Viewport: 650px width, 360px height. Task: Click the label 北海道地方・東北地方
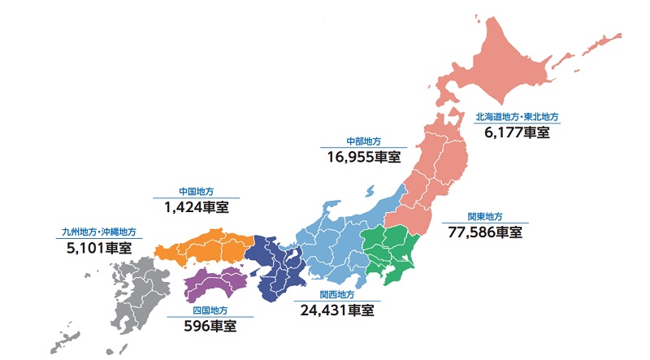[517, 117]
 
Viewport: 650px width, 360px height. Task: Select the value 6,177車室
[517, 132]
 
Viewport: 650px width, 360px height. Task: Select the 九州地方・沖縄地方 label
[99, 232]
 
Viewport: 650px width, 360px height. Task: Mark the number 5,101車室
[99, 249]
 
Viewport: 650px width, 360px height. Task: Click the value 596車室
[210, 327]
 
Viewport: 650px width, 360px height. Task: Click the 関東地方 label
[485, 216]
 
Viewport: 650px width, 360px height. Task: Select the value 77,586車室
[485, 232]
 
